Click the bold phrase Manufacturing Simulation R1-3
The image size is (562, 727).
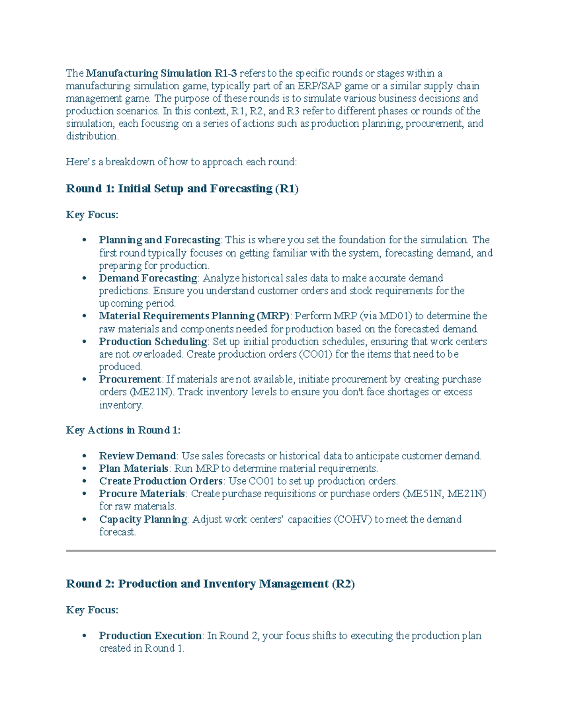tap(162, 73)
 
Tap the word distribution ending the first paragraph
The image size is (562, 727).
tap(92, 136)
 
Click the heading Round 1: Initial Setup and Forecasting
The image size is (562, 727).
tap(182, 189)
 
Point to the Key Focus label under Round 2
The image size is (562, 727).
tap(92, 610)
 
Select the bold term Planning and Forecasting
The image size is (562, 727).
tap(159, 240)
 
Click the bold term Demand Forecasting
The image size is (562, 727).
tap(148, 278)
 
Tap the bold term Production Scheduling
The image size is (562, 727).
tap(153, 342)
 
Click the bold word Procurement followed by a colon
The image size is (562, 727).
tap(130, 379)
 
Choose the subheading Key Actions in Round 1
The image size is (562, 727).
tap(123, 430)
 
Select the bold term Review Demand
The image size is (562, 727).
tap(137, 456)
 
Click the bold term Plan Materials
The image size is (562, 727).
tap(133, 469)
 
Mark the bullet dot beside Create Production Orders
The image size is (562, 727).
tap(84, 482)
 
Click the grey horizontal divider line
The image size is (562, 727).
tap(281, 551)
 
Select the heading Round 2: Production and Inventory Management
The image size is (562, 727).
tap(210, 584)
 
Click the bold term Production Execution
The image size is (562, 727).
tap(150, 636)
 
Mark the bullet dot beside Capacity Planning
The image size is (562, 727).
tap(84, 520)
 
